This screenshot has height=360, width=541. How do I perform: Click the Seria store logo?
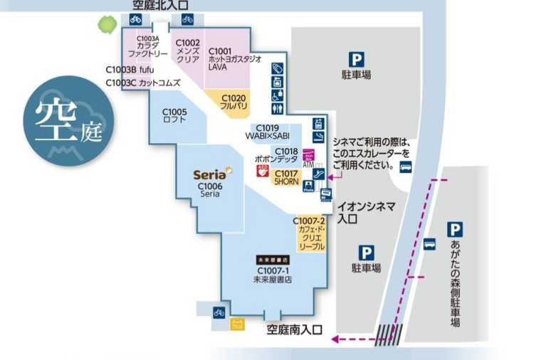click(210, 174)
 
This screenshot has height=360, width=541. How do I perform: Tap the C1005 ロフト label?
click(174, 115)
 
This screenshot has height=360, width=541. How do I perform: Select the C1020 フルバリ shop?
click(233, 101)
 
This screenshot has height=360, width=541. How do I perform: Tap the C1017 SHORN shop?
click(286, 177)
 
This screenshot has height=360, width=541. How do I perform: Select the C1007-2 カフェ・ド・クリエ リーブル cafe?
click(311, 234)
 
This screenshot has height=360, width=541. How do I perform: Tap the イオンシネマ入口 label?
click(366, 211)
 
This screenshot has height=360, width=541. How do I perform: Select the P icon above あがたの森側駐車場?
click(455, 229)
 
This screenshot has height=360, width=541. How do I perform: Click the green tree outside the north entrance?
click(107, 24)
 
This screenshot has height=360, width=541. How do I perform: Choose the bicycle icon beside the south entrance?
click(219, 312)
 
